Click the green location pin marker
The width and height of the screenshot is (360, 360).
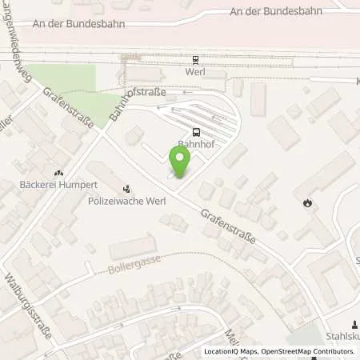pyautogui.click(x=181, y=163)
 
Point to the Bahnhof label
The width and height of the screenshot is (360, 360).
pyautogui.click(x=196, y=145)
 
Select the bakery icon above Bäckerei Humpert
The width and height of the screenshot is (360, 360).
pyautogui.click(x=58, y=172)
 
